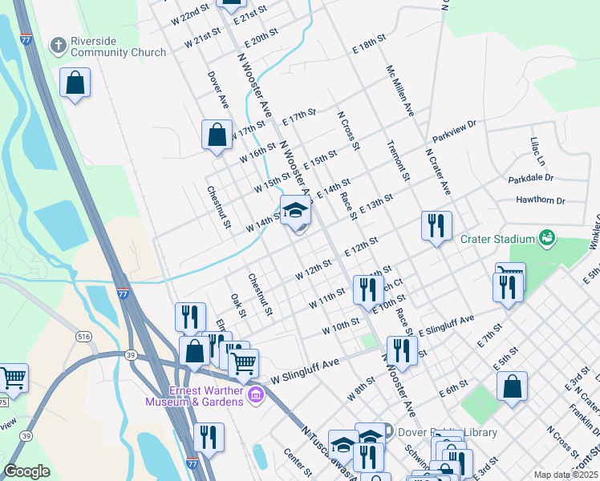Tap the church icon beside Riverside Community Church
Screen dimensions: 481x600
[58, 45]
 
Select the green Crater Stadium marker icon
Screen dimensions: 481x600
[547, 238]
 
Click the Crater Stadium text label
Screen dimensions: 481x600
[497, 239]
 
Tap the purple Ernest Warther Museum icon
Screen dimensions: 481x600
[257, 394]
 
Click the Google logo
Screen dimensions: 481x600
[26, 471]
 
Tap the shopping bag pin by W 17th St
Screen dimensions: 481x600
[217, 135]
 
